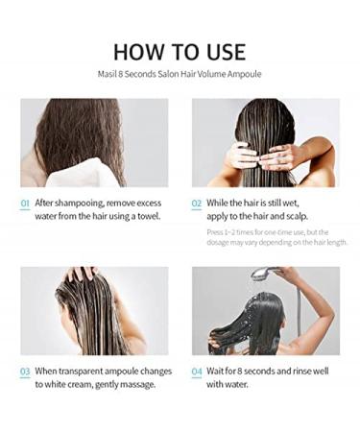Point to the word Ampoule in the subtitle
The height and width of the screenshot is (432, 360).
[x=242, y=74]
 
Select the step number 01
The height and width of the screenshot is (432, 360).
[x=25, y=204]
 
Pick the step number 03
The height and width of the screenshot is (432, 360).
[x=25, y=371]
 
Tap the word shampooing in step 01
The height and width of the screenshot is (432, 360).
[x=81, y=204]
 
